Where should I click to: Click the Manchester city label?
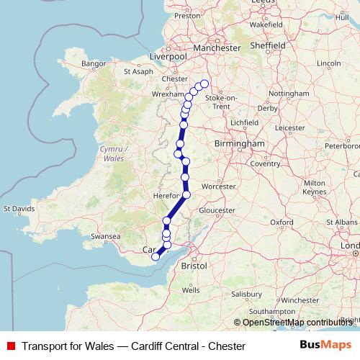211,48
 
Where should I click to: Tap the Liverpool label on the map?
167,55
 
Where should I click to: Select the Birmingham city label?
240,143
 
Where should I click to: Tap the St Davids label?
19,209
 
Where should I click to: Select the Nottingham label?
292,94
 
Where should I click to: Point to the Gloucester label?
217,210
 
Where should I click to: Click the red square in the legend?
12,346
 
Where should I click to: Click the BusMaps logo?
326,346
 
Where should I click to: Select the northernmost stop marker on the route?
204,84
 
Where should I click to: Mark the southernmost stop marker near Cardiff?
155,257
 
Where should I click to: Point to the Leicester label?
289,128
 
